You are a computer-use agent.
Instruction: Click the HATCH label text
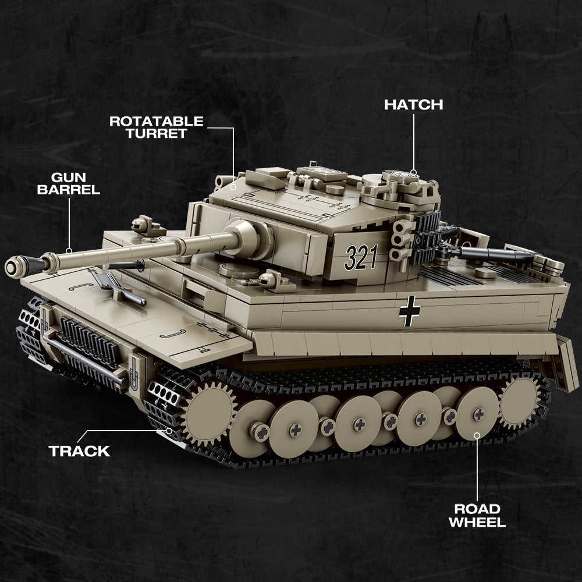click(413, 105)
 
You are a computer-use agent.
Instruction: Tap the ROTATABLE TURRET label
click(157, 127)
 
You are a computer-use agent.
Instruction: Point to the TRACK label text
click(79, 451)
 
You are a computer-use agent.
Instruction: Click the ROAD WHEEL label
click(477, 515)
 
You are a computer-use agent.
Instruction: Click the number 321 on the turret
click(361, 257)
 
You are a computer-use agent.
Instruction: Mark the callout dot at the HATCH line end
click(413, 172)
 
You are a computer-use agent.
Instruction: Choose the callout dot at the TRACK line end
click(169, 431)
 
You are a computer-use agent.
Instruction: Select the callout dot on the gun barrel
click(69, 251)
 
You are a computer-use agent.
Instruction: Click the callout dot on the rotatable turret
click(233, 186)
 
